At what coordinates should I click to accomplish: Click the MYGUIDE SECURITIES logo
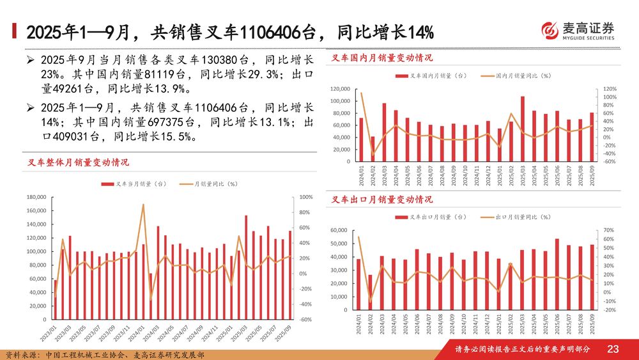[578, 31]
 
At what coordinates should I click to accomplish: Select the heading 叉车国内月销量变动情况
[382, 58]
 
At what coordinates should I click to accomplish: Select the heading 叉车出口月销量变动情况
[382, 200]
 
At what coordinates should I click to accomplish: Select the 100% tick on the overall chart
[305, 198]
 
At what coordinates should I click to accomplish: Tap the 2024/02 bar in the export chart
[370, 292]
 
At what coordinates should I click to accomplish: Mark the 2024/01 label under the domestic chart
[362, 176]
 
